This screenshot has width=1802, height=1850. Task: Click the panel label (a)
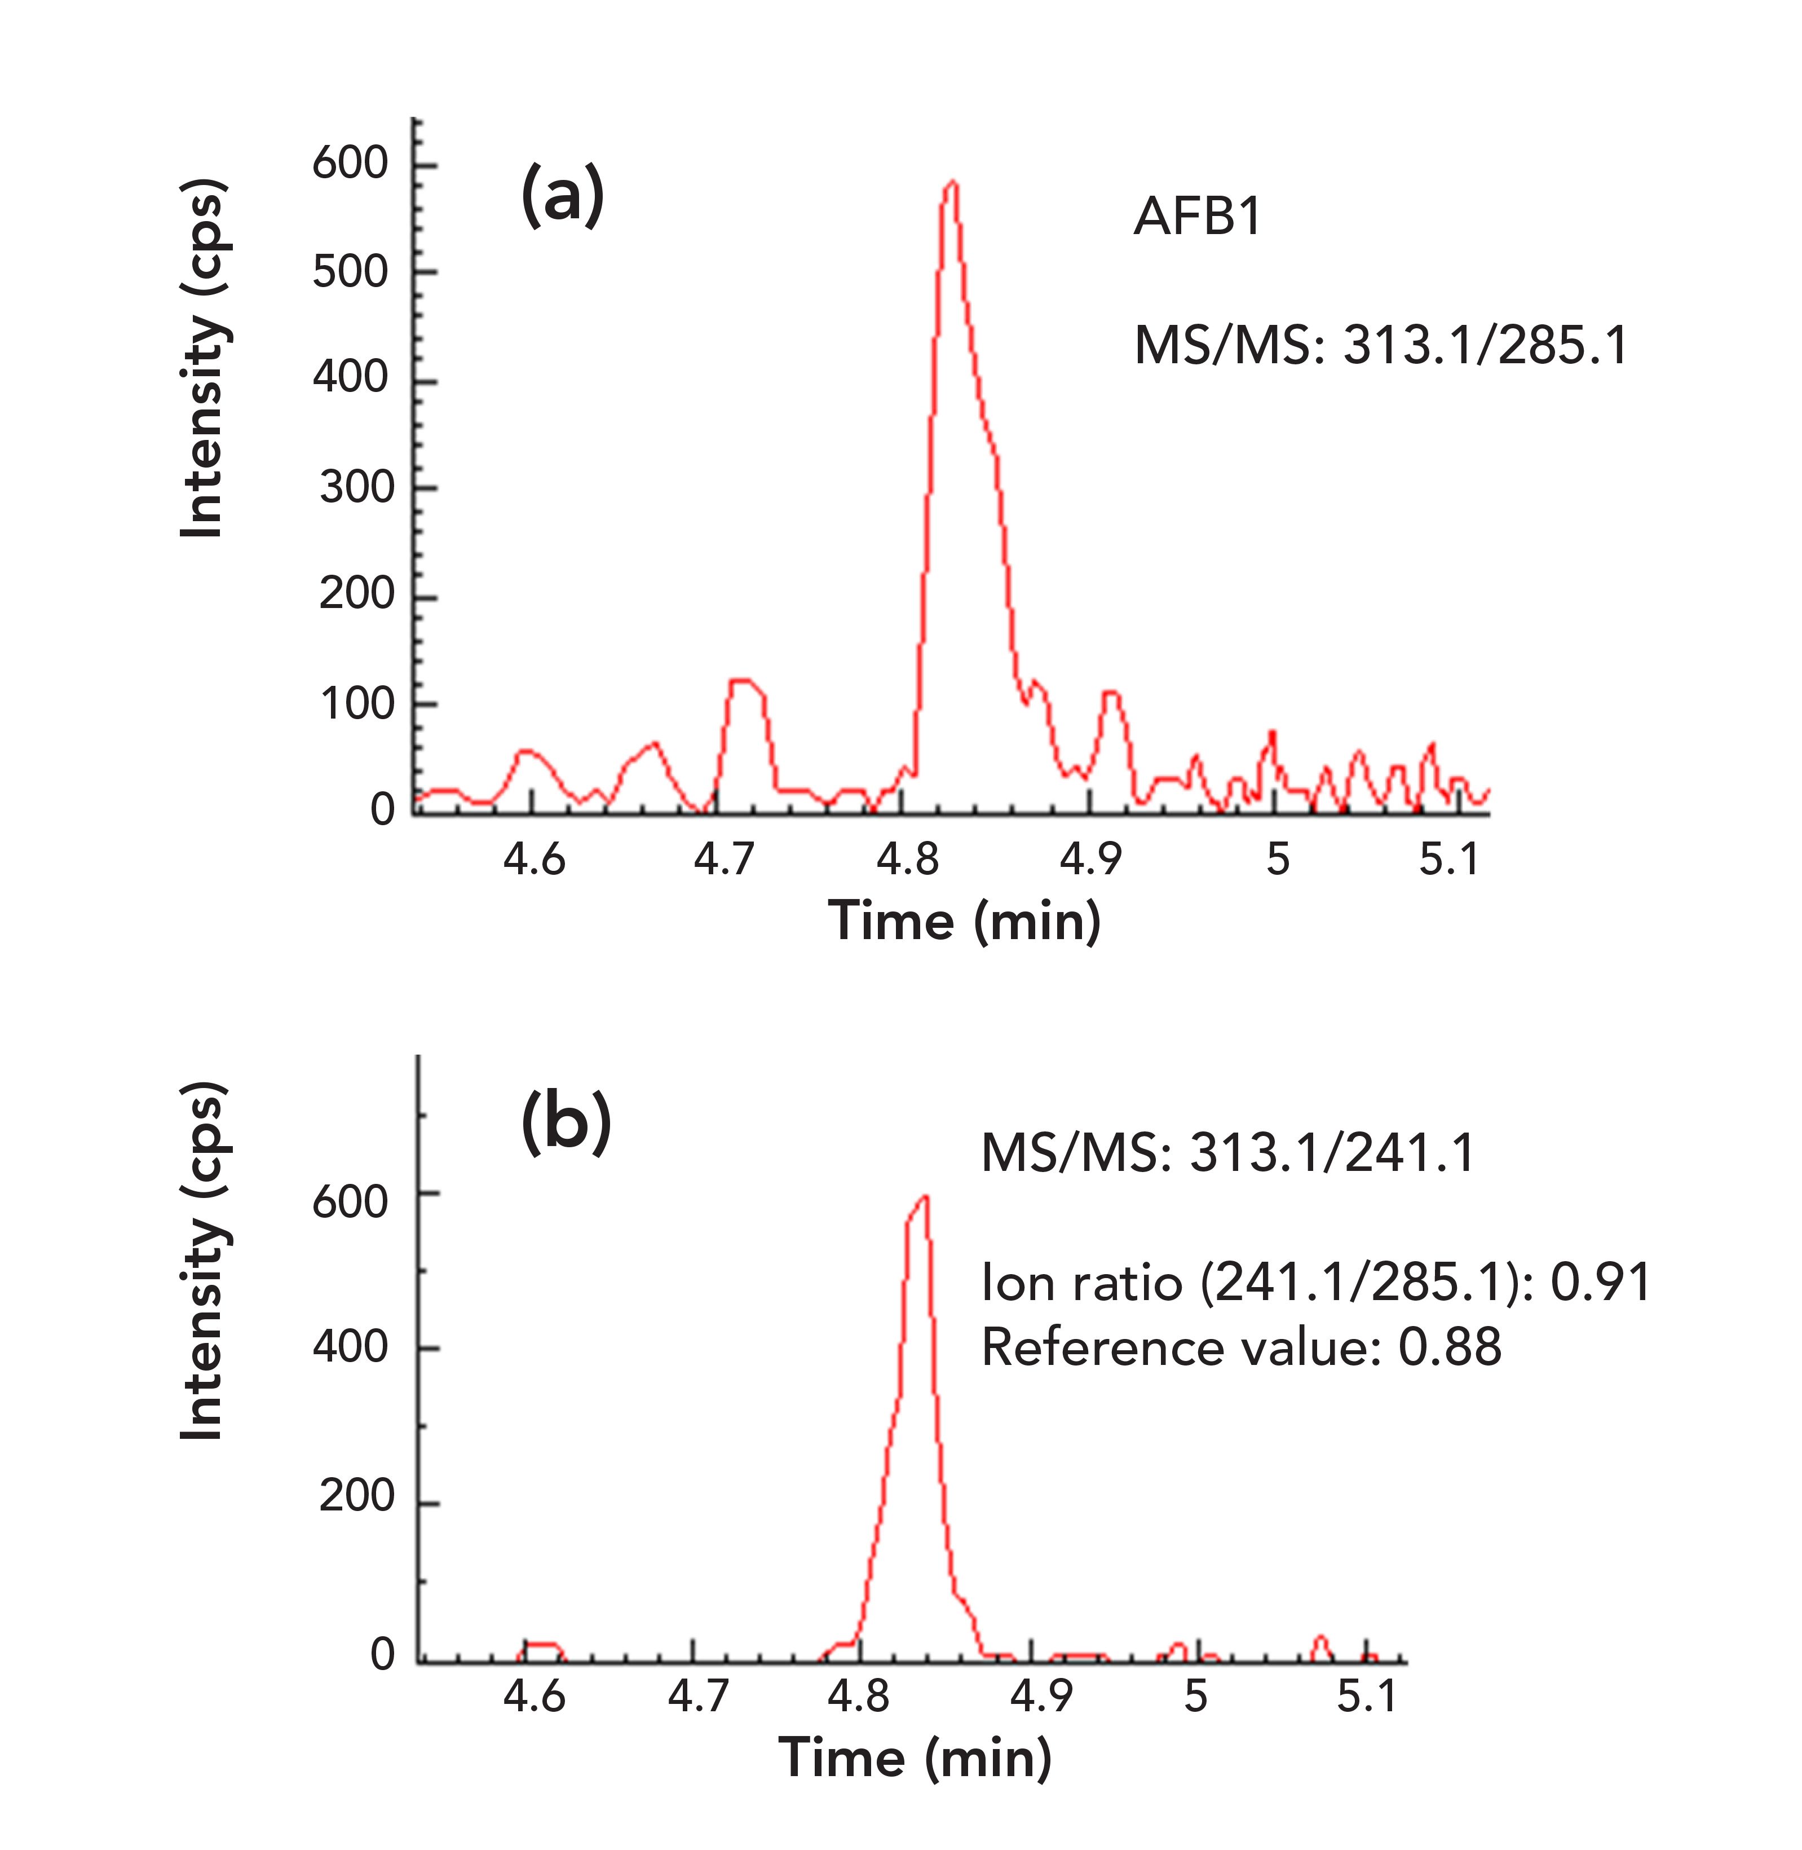pos(562,196)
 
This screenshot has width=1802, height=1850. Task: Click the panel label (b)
pos(566,1124)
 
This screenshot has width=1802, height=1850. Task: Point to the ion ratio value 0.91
pos(1600,1283)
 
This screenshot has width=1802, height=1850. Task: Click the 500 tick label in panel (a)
pos(350,272)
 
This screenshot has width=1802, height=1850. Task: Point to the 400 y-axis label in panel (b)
pos(350,1346)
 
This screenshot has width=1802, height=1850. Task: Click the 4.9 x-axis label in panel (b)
pos(1041,1695)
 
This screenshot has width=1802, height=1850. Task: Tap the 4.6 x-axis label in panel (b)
pos(534,1695)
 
